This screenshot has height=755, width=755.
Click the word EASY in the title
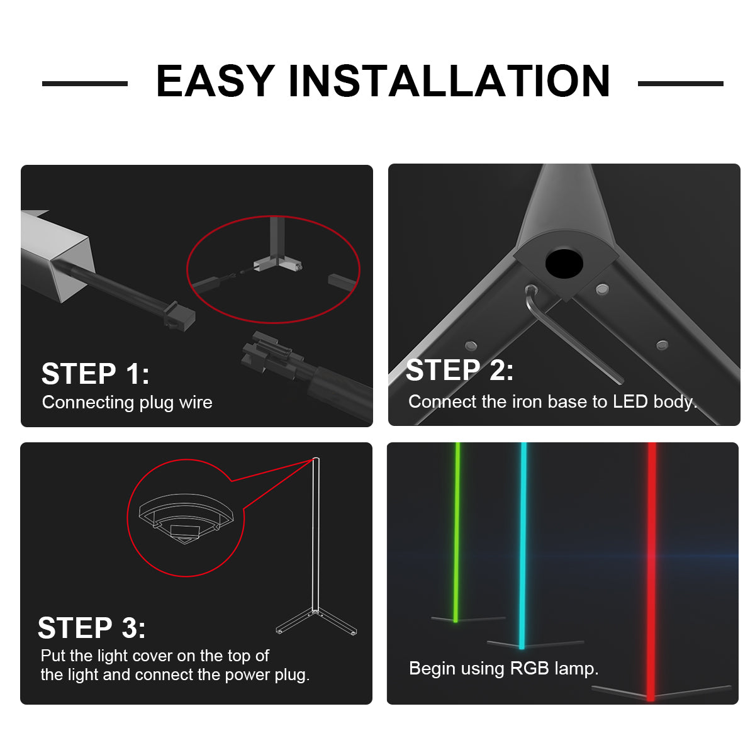coord(215,81)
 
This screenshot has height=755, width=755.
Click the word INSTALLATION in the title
coord(449,81)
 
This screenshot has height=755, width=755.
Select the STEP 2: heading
coord(459,370)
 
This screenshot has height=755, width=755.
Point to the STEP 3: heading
coord(92,628)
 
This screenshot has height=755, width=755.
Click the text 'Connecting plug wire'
coord(127,403)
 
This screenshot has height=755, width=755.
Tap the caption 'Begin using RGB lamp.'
coord(503,668)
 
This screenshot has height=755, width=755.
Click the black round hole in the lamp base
coord(564,264)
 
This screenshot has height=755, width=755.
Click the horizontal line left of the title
coord(85,84)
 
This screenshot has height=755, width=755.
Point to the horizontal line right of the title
coord(681,84)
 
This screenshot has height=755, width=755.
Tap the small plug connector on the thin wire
coord(180,315)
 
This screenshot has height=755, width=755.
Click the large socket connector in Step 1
coord(271,355)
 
